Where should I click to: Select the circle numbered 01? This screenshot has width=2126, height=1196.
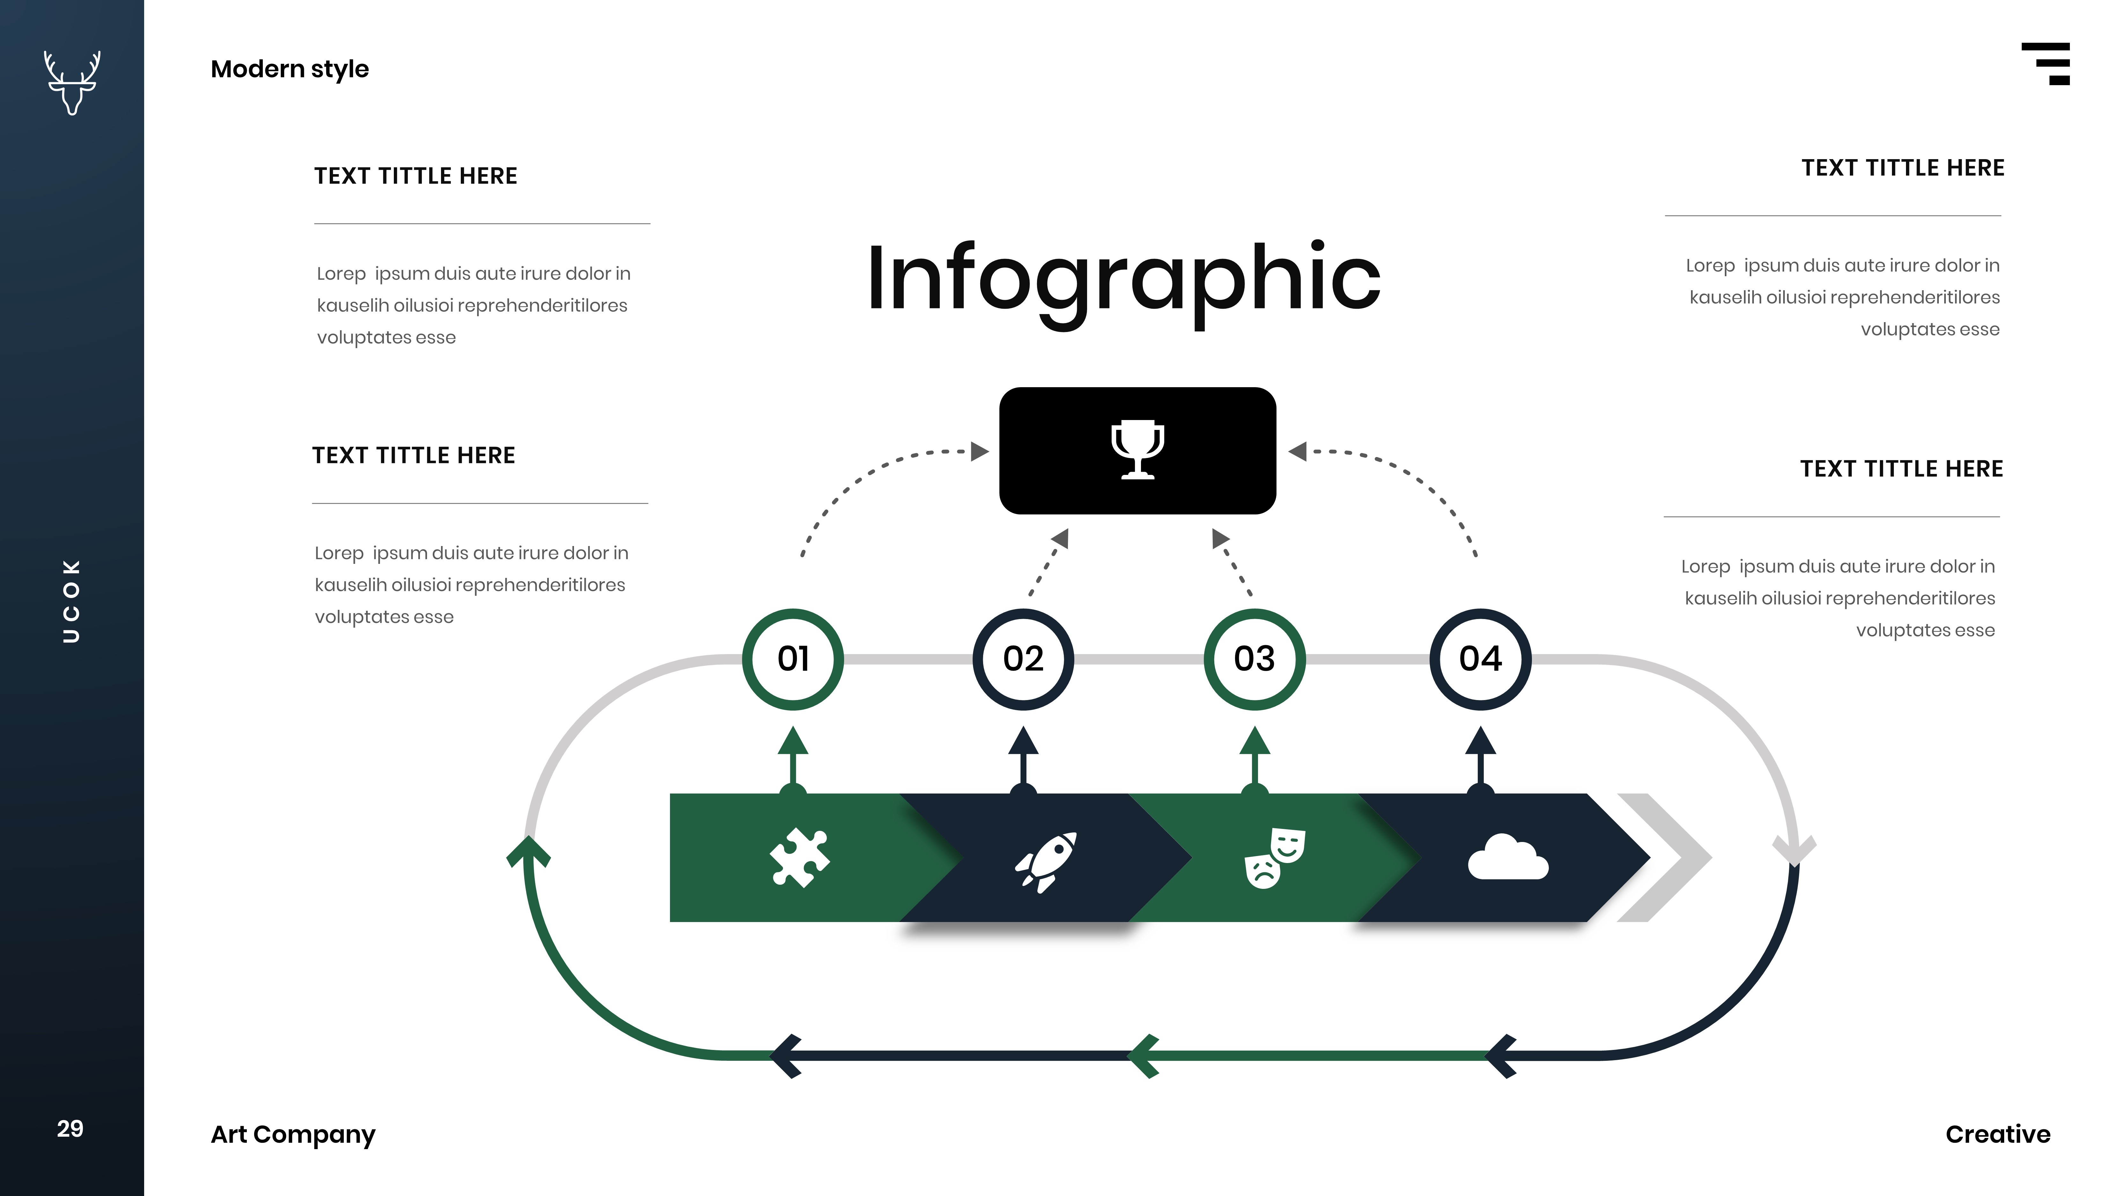[792, 659]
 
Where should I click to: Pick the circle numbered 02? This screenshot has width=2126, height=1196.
[1023, 659]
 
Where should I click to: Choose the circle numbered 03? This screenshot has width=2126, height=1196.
[1254, 659]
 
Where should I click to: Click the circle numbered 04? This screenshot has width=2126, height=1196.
[1480, 659]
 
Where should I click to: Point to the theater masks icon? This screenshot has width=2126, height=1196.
[1273, 859]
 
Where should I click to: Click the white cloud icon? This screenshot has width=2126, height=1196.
[1508, 859]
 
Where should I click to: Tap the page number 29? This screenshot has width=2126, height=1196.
[70, 1128]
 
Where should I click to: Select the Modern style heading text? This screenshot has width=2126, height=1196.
[290, 69]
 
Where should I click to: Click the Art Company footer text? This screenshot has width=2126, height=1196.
[293, 1134]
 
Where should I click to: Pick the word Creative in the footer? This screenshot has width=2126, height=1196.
[1997, 1134]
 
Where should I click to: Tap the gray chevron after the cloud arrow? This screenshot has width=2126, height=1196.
[1665, 858]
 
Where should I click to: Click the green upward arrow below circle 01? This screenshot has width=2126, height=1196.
[792, 755]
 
